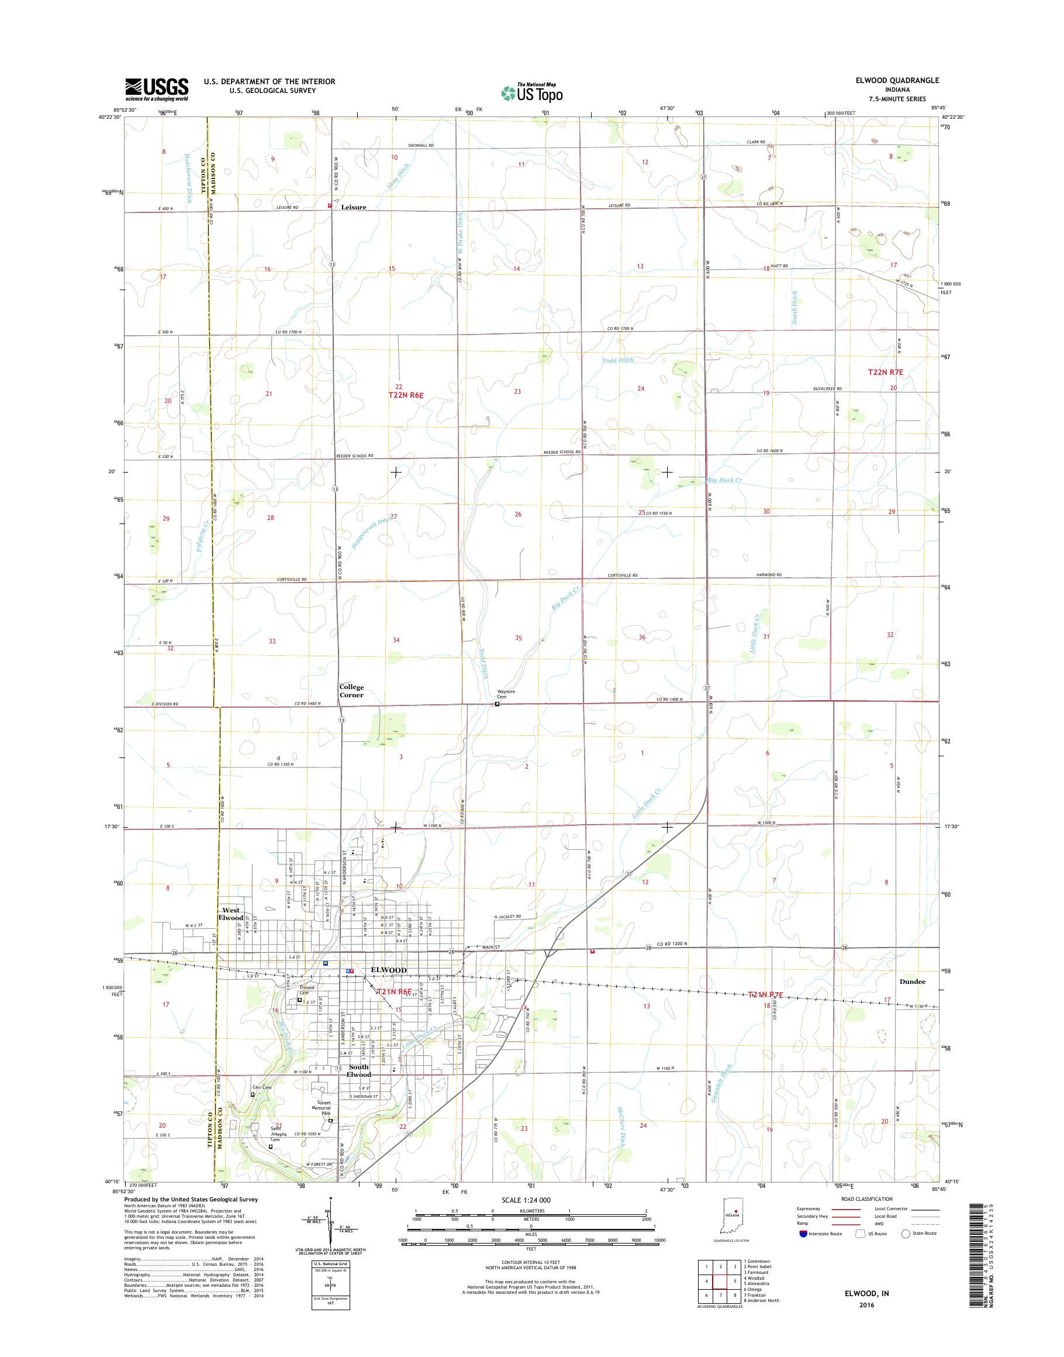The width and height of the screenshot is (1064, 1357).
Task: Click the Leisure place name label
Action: pyautogui.click(x=353, y=207)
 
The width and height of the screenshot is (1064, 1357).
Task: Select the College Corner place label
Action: pyautogui.click(x=351, y=691)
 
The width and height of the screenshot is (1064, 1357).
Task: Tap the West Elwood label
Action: pyautogui.click(x=230, y=914)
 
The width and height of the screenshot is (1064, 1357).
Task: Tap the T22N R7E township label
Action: pyautogui.click(x=885, y=371)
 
